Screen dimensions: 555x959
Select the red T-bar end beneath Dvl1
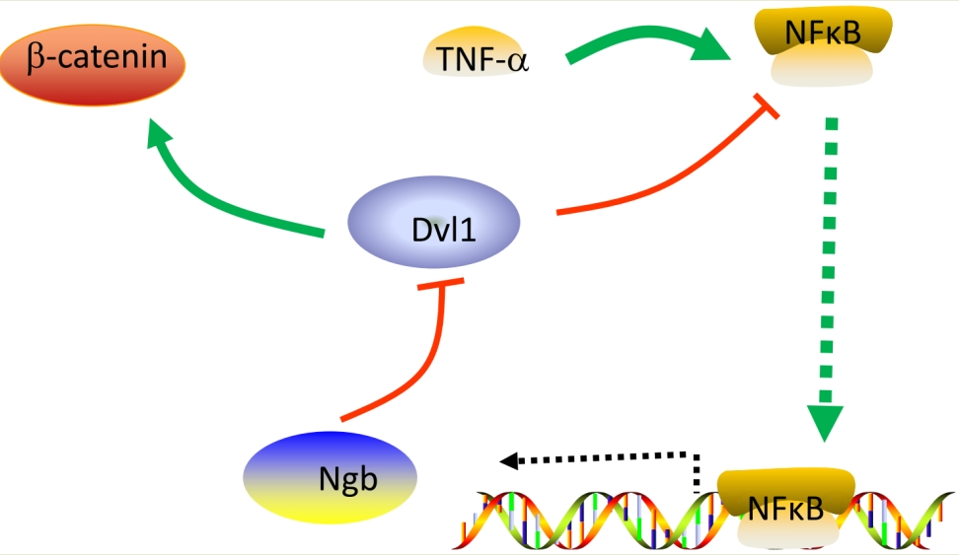click(x=437, y=285)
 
